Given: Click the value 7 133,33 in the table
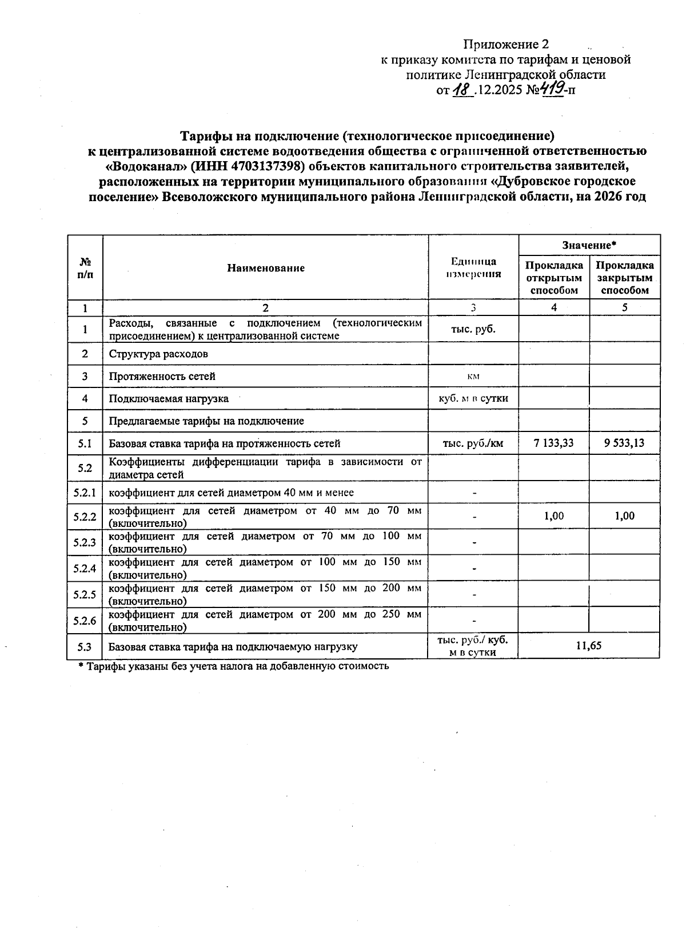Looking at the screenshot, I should pyautogui.click(x=553, y=443).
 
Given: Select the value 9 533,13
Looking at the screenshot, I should pyautogui.click(x=624, y=443).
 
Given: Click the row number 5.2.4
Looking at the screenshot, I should pyautogui.click(x=85, y=569).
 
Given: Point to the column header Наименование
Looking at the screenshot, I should pyautogui.click(x=266, y=268).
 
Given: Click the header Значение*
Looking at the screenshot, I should pyautogui.click(x=589, y=245).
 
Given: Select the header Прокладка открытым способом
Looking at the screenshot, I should pyautogui.click(x=554, y=278).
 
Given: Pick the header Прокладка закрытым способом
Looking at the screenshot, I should pyautogui.click(x=624, y=278).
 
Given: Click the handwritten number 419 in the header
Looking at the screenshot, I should pyautogui.click(x=551, y=89).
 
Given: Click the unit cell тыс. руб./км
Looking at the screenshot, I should pyautogui.click(x=473, y=443).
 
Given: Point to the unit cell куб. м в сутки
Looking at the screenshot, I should pyautogui.click(x=473, y=398).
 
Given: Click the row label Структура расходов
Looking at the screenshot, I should pyautogui.click(x=158, y=354).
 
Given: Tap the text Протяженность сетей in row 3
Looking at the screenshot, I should pyautogui.click(x=162, y=376).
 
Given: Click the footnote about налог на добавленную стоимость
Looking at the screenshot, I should pyautogui.click(x=233, y=666).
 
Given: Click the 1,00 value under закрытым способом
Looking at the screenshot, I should pyautogui.click(x=624, y=516).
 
